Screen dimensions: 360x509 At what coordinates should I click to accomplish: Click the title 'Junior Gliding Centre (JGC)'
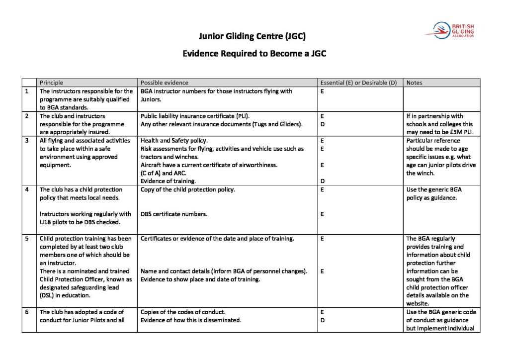[255, 36]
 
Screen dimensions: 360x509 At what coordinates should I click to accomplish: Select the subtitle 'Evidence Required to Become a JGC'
[254, 53]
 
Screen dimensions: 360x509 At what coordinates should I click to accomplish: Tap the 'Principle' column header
[52, 83]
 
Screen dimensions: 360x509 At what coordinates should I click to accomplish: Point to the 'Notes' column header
[414, 83]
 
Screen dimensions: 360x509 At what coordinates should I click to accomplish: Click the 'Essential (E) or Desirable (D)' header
[358, 83]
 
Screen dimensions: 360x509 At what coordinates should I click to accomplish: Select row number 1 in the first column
[26, 91]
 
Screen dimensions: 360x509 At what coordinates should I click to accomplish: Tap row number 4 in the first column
[26, 189]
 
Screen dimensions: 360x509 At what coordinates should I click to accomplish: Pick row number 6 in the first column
[26, 312]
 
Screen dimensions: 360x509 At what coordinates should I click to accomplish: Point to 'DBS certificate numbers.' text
[173, 214]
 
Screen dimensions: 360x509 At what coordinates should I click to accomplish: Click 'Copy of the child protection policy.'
[187, 189]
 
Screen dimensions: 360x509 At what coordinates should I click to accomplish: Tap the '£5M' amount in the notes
[446, 132]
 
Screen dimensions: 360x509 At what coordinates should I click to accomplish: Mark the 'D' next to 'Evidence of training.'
[323, 181]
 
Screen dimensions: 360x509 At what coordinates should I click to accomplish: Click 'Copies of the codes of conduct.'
[183, 312]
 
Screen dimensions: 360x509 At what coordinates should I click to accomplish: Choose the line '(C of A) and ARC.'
[166, 173]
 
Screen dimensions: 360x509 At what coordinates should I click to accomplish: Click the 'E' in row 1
[323, 91]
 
